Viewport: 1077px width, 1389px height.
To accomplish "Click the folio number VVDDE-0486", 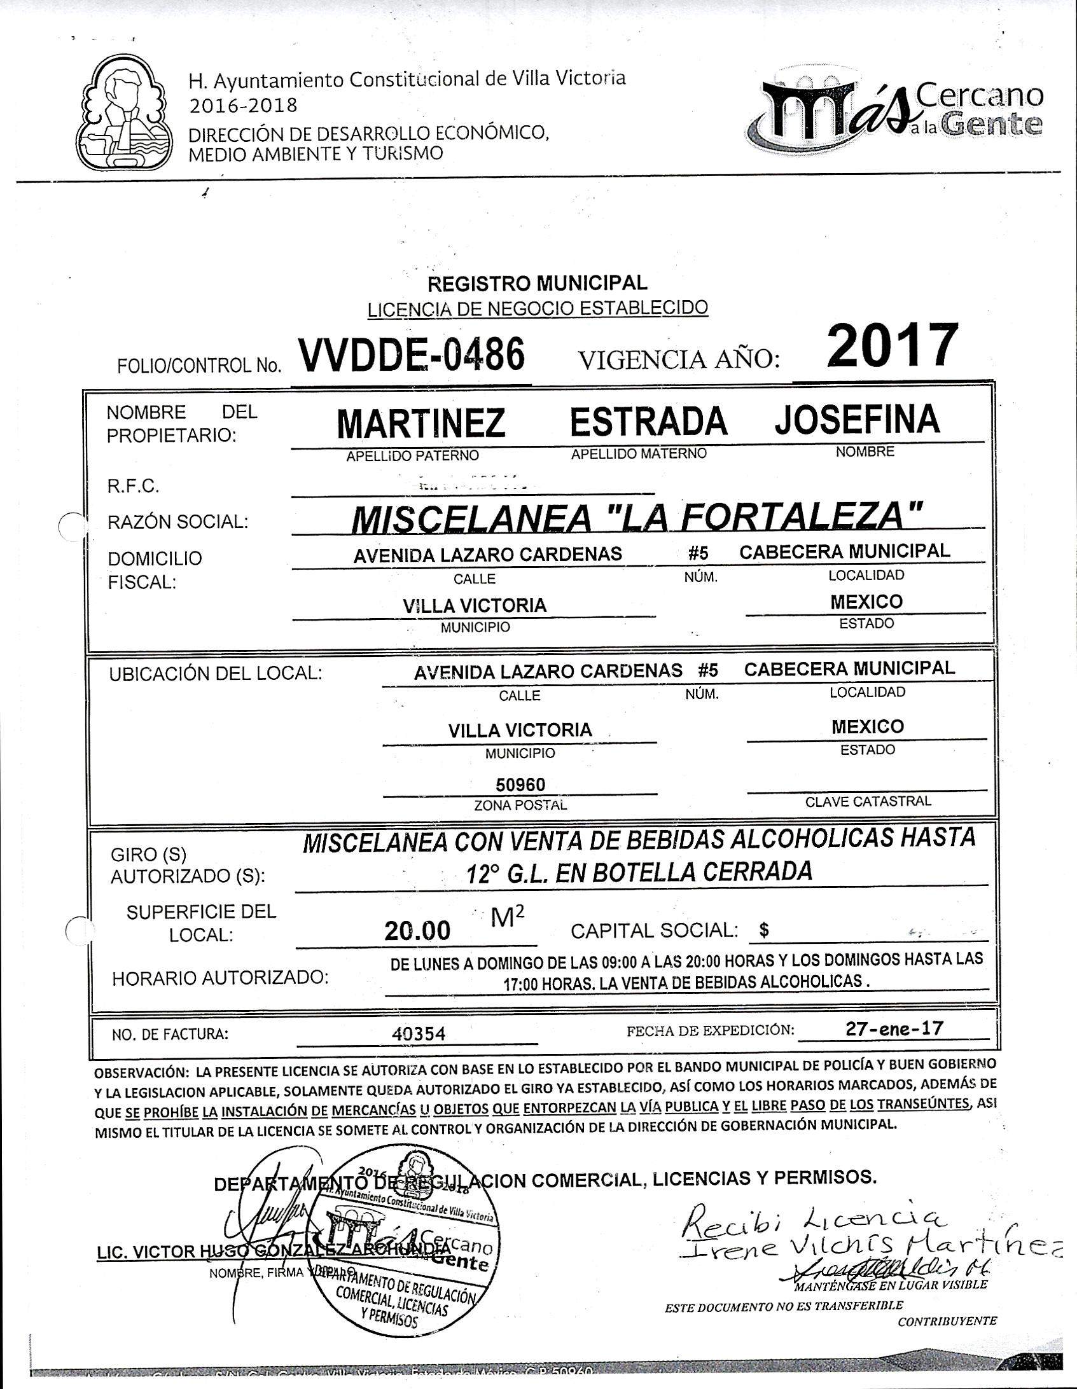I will (x=412, y=355).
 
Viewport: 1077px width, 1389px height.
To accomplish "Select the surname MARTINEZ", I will (x=420, y=424).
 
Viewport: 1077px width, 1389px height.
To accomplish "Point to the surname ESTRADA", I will (x=648, y=421).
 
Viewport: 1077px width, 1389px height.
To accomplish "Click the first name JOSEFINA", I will (x=856, y=418).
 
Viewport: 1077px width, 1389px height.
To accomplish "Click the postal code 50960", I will (x=520, y=784).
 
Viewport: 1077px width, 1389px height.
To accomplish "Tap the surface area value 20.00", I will (x=417, y=931).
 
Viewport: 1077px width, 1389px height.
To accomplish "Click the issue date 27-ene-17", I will (x=894, y=1028).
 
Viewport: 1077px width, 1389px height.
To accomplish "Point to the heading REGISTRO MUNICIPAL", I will (x=538, y=282).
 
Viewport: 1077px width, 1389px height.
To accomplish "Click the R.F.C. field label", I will (x=133, y=487).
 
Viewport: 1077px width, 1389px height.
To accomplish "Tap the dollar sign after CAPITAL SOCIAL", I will (x=764, y=930).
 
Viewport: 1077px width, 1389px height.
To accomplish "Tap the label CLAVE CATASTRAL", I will (x=868, y=801).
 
